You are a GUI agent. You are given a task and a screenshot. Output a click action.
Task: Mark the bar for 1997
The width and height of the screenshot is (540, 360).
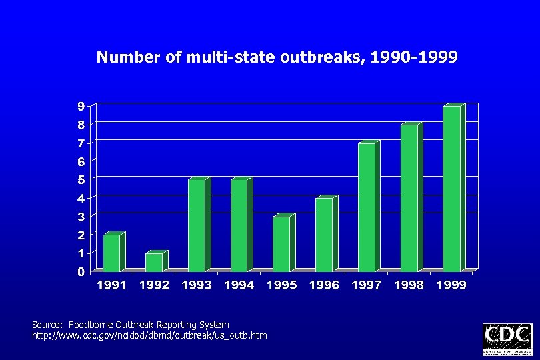click(367, 207)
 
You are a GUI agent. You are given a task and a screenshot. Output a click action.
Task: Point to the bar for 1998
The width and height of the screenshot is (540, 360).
click(409, 198)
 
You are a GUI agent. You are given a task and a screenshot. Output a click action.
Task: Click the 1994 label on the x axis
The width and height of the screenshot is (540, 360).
click(239, 285)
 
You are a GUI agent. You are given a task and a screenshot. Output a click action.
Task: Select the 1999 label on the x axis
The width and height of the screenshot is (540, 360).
click(451, 285)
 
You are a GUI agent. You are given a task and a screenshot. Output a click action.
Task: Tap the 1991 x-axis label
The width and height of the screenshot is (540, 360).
click(112, 285)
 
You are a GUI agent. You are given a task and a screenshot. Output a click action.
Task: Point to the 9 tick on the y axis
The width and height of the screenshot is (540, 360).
click(81, 106)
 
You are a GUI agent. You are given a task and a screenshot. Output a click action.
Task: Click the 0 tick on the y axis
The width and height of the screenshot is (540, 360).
click(81, 272)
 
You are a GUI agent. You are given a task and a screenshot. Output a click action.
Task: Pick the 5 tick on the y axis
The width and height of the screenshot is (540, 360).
click(81, 180)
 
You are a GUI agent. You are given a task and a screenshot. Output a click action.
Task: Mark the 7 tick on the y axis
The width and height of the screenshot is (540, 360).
click(81, 143)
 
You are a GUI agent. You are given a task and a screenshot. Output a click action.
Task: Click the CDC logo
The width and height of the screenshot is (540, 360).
click(507, 339)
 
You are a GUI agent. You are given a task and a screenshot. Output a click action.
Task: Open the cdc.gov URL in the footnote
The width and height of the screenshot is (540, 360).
click(149, 335)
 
